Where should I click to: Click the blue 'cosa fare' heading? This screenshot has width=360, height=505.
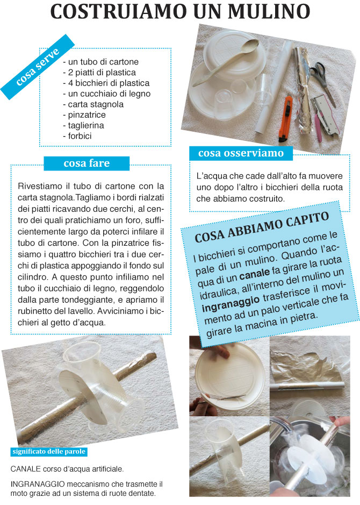pos(86,163)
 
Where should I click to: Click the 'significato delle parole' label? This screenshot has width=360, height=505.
pos(49,451)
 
